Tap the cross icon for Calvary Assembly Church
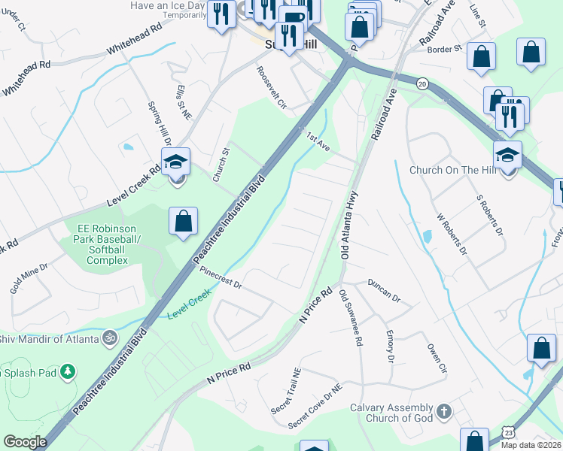click(444, 411)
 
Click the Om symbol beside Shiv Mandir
click(110, 338)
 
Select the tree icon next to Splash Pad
click(68, 372)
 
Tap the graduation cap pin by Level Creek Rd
click(175, 162)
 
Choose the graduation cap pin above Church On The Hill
click(508, 155)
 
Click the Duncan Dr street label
click(384, 291)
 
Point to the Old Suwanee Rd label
click(351, 318)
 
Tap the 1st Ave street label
click(318, 141)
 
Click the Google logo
click(25, 441)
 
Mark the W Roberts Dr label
click(452, 235)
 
